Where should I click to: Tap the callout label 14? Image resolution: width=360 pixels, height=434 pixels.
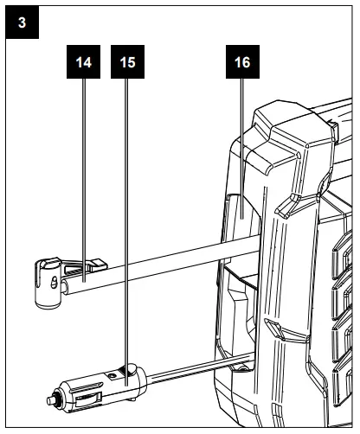click(83, 63)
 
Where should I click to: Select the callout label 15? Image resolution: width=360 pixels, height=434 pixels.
click(127, 63)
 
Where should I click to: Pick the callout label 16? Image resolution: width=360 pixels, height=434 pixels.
click(241, 63)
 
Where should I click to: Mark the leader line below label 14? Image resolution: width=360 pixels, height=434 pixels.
click(83, 173)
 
